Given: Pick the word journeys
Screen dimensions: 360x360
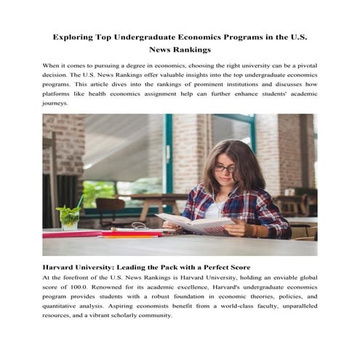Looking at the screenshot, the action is tap(56, 103).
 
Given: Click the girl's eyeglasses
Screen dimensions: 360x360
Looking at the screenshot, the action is tap(224, 169).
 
